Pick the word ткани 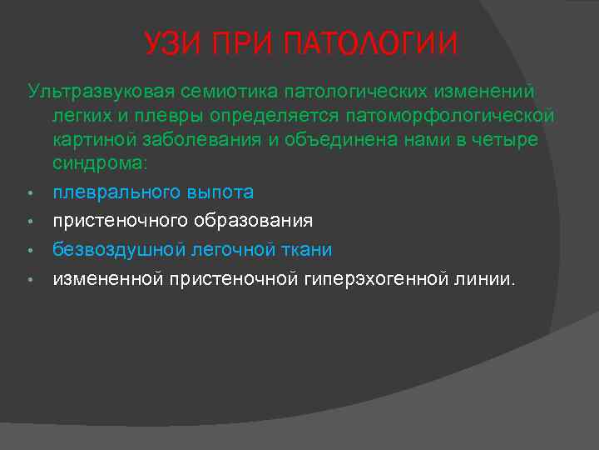[x=304, y=249]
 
